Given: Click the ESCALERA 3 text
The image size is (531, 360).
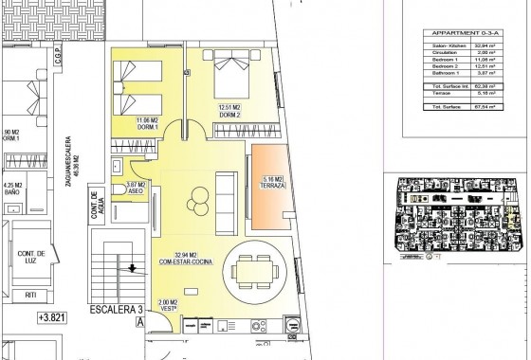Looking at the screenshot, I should click(x=111, y=310).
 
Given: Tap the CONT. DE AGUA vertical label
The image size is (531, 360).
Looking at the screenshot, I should click(x=95, y=209).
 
